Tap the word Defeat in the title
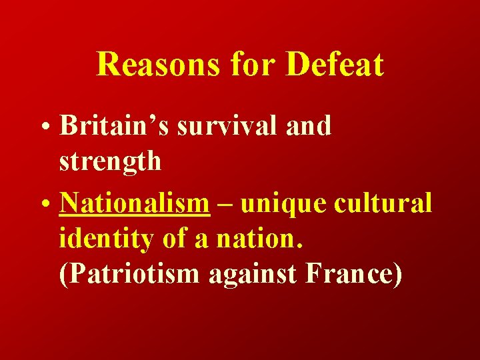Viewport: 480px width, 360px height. (x=335, y=65)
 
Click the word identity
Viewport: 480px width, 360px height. (x=101, y=238)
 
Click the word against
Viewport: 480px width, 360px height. (x=252, y=273)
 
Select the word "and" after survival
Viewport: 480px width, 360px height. (x=307, y=125)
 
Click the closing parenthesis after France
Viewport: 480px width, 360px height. (x=397, y=273)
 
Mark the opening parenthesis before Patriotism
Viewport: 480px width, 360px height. (x=63, y=273)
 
